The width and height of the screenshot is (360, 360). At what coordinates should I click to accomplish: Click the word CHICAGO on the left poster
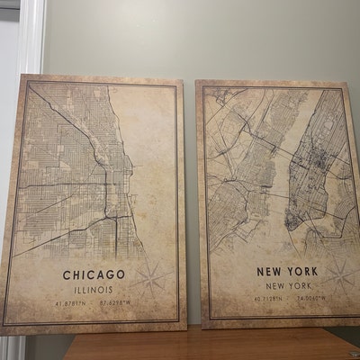pyautogui.click(x=94, y=274)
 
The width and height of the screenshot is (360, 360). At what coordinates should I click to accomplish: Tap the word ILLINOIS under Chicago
pyautogui.click(x=94, y=290)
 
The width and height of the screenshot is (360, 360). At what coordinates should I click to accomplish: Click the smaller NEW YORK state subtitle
pyautogui.click(x=286, y=286)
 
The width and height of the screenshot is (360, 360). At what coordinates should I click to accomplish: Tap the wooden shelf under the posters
pyautogui.click(x=207, y=345)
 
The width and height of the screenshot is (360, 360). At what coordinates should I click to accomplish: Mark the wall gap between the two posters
pyautogui.click(x=191, y=180)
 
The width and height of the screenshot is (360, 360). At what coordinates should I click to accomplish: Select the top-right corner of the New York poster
pyautogui.click(x=349, y=84)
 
